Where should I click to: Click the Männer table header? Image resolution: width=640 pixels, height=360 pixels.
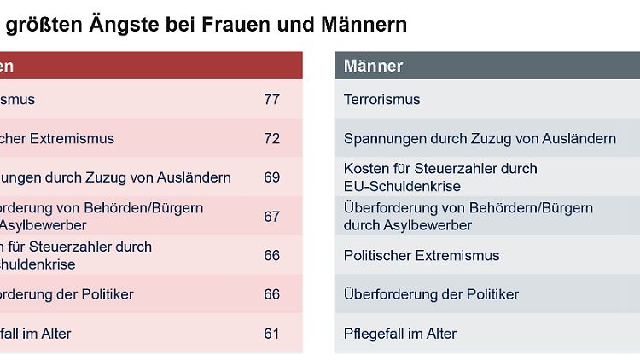point(374,66)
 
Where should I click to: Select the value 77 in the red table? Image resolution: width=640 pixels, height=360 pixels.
point(271,99)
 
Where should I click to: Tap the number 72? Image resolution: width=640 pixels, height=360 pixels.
point(271,138)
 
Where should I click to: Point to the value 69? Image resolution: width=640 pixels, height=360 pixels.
point(271,177)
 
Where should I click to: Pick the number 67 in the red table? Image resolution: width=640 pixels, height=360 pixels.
point(271,217)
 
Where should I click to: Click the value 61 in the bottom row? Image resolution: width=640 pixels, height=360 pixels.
point(271,334)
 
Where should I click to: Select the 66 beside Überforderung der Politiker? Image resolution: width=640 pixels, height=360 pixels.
point(271,294)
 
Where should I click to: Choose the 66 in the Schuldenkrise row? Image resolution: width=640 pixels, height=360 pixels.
point(271,255)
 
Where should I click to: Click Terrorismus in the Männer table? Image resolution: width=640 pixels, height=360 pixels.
point(382,99)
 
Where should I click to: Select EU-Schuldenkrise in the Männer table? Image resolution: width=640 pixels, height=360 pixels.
point(402,186)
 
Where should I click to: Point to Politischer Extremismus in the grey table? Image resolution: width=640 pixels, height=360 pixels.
point(422,255)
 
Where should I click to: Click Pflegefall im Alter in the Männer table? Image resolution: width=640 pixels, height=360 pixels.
point(400,334)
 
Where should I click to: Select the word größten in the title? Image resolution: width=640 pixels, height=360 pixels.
point(45,25)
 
